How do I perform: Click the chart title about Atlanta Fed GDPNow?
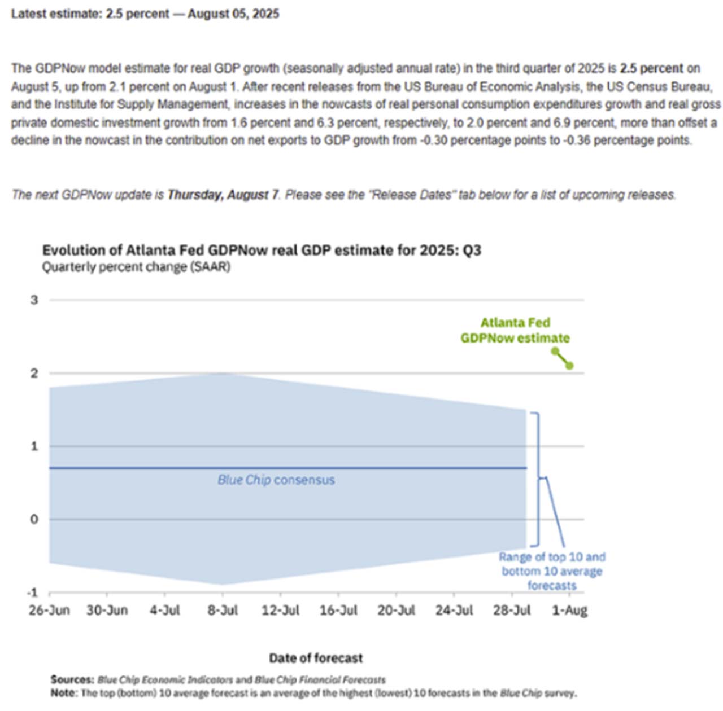pos(262,250)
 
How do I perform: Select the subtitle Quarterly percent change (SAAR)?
pos(136,267)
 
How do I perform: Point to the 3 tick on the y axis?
pos(34,300)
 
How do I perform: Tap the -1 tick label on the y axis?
pos(33,592)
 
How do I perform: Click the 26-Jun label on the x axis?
pos(49,610)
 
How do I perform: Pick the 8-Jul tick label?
pos(223,610)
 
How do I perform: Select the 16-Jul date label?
pos(338,610)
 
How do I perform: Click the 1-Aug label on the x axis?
pos(569,610)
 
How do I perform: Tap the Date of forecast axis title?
pos(316,658)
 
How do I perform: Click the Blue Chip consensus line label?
pos(276,480)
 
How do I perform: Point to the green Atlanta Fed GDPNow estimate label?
pos(515,330)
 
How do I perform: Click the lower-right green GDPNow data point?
pos(569,366)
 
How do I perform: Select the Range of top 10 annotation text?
pos(552,571)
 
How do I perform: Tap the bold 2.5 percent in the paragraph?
pos(651,68)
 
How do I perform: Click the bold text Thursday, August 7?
pos(223,195)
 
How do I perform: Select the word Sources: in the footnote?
pos(72,679)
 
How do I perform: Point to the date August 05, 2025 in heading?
pos(233,14)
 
